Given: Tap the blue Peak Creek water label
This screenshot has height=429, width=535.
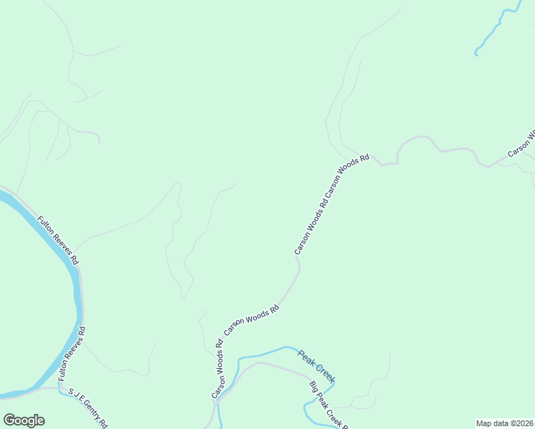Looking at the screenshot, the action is [x=317, y=365].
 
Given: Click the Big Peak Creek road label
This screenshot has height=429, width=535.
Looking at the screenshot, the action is [x=327, y=405].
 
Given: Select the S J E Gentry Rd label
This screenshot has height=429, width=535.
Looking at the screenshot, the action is [x=87, y=408].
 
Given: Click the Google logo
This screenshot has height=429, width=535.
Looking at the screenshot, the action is [x=24, y=420].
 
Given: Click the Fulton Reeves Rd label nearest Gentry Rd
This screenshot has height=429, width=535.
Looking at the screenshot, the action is [x=72, y=353].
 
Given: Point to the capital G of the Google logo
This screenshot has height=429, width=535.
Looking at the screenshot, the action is [x=10, y=420].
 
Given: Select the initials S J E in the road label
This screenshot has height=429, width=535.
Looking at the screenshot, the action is [x=75, y=395].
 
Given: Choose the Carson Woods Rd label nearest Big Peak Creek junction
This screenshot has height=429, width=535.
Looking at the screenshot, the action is [x=217, y=368].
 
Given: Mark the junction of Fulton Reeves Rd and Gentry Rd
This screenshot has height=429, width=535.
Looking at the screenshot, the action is [x=59, y=388].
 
